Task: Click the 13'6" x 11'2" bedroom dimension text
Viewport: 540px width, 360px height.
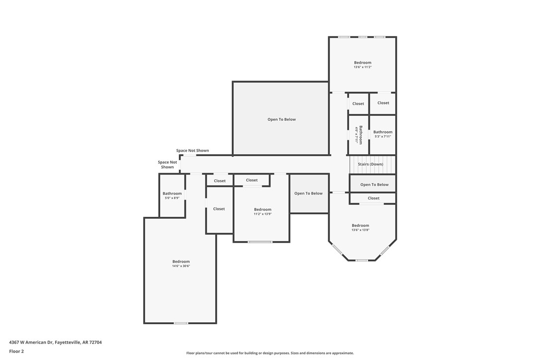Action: point(362,67)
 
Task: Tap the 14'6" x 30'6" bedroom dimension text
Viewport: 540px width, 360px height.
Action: point(181,266)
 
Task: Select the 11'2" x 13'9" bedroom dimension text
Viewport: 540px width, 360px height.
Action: point(263,214)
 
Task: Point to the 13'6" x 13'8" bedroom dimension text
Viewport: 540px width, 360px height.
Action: point(360,230)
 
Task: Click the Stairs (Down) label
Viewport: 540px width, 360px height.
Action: point(370,164)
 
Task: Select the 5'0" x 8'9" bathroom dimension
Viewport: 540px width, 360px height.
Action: point(172,198)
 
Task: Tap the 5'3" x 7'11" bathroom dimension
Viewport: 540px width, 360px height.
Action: point(383,136)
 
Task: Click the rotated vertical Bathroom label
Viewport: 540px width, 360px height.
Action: point(359,135)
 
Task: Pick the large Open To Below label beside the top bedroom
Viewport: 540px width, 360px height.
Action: point(281,119)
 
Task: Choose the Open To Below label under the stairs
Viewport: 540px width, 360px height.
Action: point(374,184)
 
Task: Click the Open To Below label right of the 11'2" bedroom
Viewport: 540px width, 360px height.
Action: point(308,193)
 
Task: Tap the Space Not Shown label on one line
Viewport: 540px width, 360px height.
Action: point(192,151)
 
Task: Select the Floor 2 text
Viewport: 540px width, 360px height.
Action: point(16,351)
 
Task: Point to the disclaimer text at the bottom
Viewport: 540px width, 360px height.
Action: point(270,353)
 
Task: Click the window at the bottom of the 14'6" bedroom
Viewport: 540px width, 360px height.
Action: point(181,323)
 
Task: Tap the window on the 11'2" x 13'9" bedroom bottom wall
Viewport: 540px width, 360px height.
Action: point(260,242)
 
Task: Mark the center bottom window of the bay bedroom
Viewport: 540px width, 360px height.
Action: point(361,260)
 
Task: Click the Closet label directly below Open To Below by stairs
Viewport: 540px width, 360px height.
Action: point(373,198)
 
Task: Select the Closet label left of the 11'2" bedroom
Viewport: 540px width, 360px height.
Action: point(219,209)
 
